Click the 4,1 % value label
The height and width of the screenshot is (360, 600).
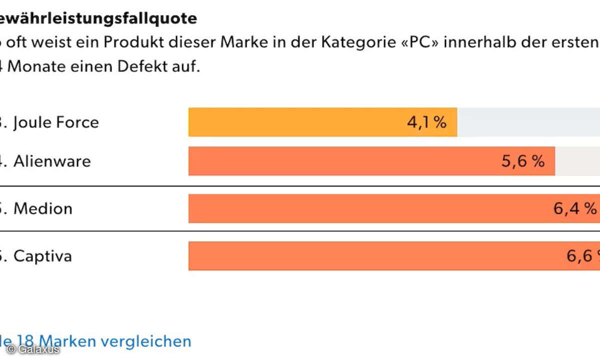click(x=426, y=122)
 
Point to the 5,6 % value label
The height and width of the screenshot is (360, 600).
click(x=522, y=161)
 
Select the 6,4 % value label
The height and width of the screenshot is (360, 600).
click(x=575, y=208)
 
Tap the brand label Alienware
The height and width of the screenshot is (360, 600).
click(x=52, y=161)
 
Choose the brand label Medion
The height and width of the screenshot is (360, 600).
click(x=43, y=208)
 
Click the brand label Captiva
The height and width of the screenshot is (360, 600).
click(x=43, y=256)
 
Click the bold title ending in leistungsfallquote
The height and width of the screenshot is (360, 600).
click(x=98, y=18)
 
